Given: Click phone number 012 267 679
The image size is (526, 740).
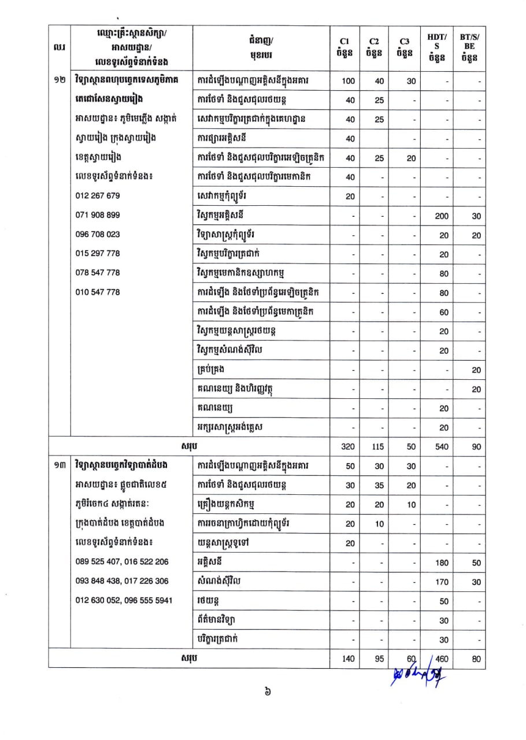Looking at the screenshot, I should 98,195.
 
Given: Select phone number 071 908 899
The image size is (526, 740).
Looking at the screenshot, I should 98,215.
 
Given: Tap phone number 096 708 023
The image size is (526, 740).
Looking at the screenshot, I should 98,235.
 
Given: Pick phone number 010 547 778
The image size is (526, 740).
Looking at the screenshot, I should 98,292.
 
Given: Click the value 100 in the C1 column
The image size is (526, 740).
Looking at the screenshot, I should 349,82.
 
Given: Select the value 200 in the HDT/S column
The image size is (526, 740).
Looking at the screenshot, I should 442,216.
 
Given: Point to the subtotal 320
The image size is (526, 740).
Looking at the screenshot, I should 349,447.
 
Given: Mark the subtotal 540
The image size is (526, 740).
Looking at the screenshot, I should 442,447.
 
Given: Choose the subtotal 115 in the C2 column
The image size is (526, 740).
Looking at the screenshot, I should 378,447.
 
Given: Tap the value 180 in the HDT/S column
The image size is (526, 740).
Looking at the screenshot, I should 442,563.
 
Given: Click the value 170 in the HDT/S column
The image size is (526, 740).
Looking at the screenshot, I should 442,582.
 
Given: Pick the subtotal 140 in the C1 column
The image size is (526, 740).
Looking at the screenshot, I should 349,658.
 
